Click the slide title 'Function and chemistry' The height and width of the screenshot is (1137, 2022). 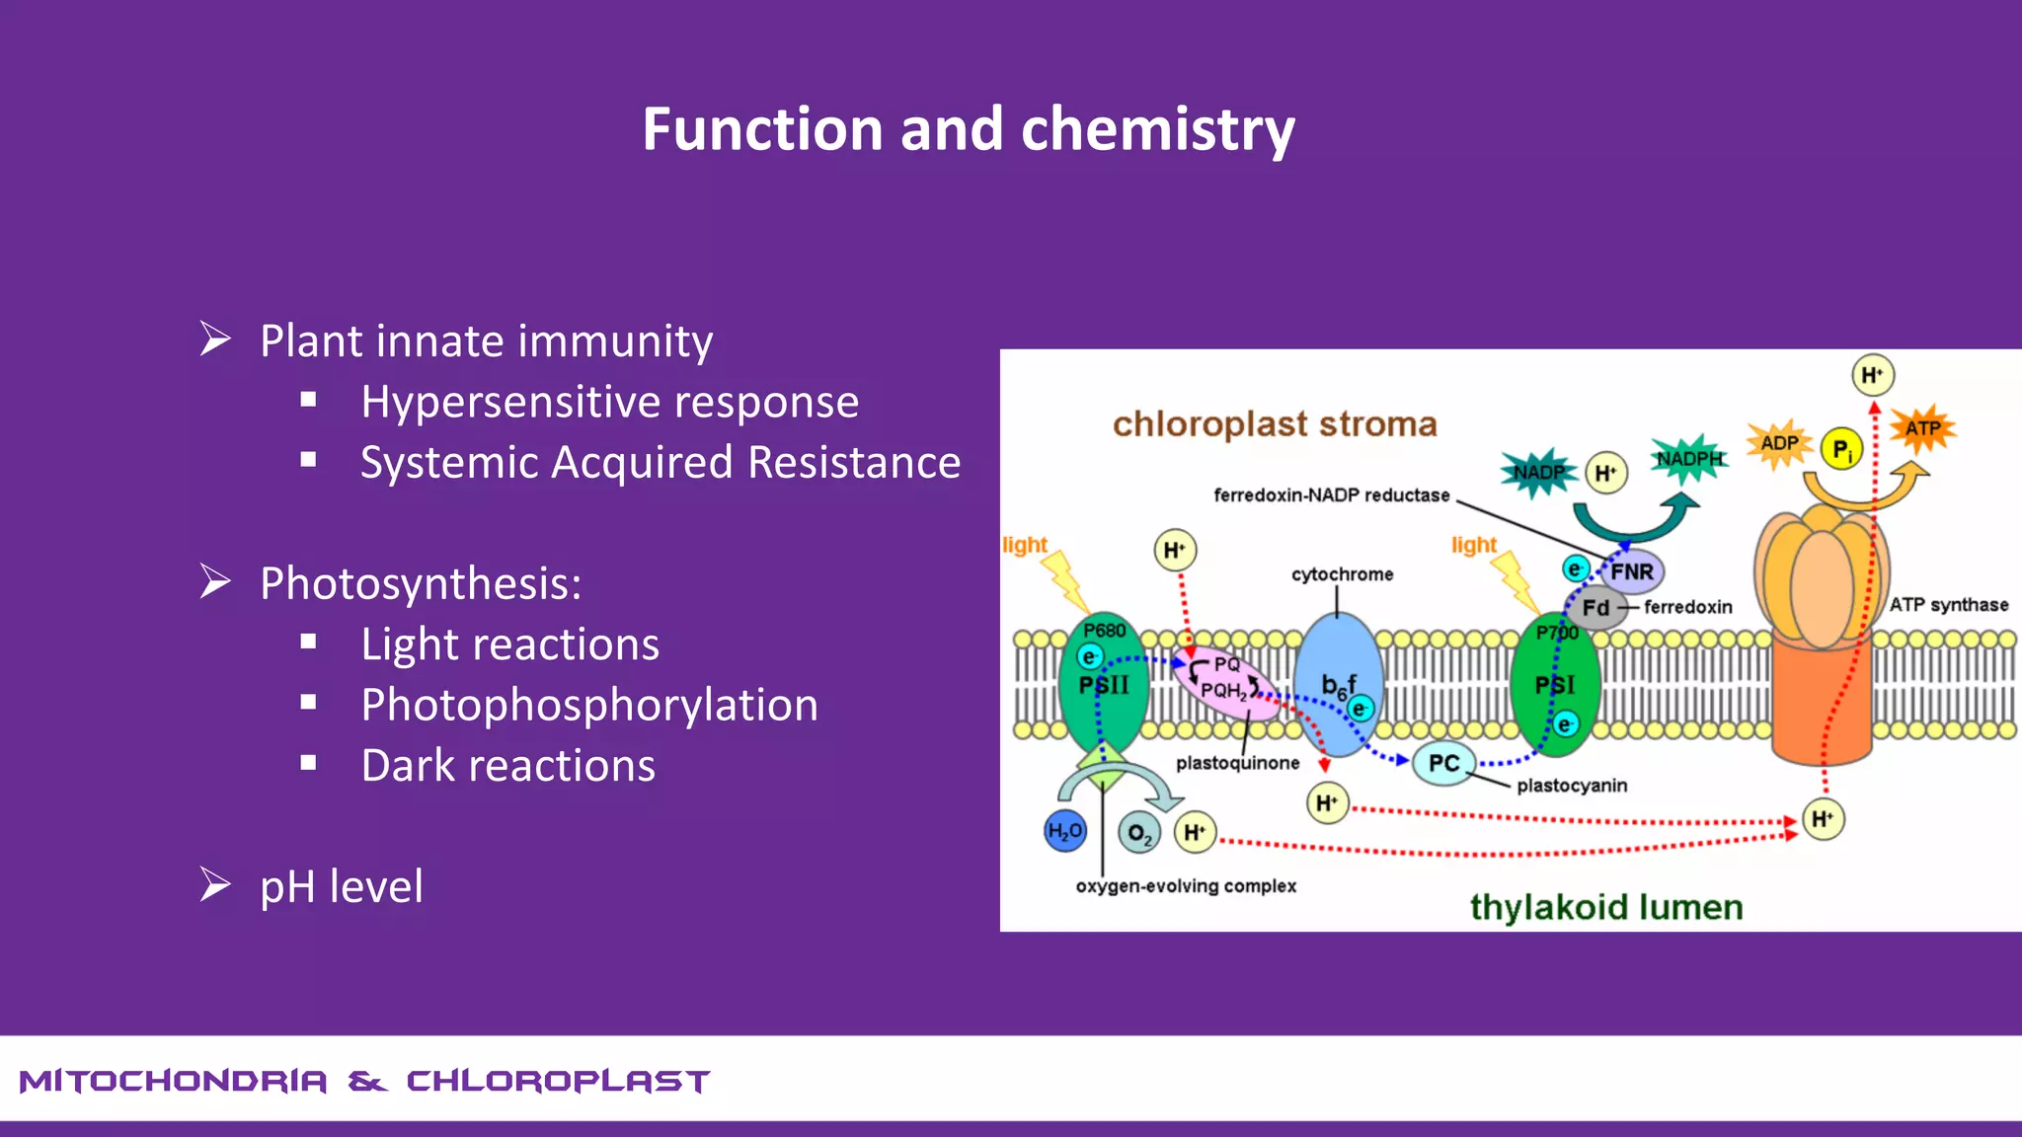point(968,129)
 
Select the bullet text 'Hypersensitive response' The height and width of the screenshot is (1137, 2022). point(609,402)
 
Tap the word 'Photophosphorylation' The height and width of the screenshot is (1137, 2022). point(589,705)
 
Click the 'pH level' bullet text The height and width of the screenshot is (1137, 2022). point(341,886)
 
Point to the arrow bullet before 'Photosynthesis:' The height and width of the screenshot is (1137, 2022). point(214,581)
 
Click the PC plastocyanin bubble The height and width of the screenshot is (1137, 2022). point(1443,763)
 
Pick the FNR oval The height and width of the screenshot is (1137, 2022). point(1632,571)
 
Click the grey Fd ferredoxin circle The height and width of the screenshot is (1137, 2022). point(1594,608)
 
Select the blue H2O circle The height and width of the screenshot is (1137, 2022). point(1064,831)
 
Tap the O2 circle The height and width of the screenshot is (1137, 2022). point(1138,833)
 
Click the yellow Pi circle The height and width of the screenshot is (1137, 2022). point(1841,450)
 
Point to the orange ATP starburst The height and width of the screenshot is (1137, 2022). point(1921,428)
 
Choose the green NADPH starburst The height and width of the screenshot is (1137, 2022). point(1689,459)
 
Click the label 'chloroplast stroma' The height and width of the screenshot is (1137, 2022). point(1274,424)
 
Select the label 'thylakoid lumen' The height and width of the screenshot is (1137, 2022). point(1605,907)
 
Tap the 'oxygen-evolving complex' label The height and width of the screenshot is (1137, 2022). point(1185,886)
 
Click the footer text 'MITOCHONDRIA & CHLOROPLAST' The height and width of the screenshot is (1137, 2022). point(364,1082)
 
